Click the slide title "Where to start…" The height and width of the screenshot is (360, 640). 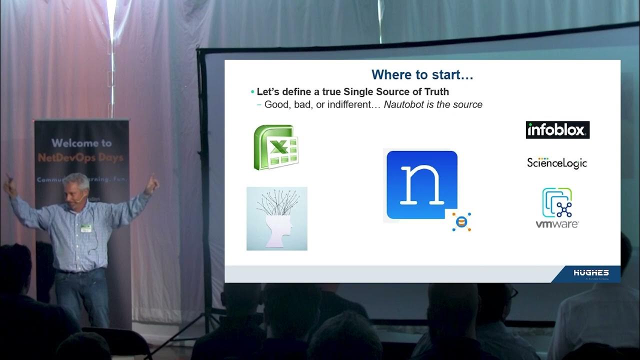(422, 75)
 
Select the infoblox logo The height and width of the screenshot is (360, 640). (557, 130)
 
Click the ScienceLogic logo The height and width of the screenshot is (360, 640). (556, 163)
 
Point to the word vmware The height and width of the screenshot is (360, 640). (557, 224)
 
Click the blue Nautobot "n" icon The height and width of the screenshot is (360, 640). (421, 184)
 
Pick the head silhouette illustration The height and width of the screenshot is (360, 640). (277, 218)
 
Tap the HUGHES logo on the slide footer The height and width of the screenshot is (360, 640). (591, 273)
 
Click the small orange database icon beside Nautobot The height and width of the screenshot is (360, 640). (461, 221)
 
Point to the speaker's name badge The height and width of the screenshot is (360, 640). (86, 228)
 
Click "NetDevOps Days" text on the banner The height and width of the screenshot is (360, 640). (80, 158)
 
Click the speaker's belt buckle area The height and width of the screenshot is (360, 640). (80, 271)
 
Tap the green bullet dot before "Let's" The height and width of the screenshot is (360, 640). (252, 92)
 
